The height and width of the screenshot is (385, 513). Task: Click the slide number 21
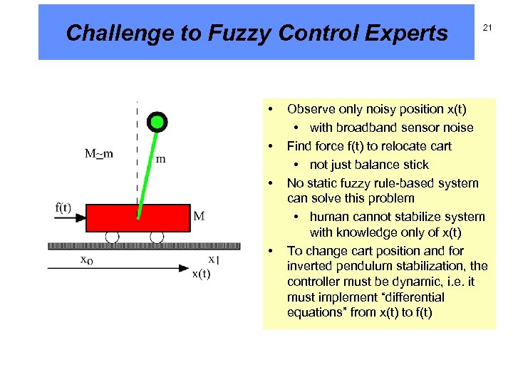pos(488,27)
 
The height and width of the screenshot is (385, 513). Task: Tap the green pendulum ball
pos(157,122)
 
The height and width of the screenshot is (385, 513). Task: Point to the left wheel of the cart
pos(112,237)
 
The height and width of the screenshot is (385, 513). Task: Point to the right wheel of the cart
pos(157,237)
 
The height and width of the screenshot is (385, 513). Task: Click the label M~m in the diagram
pos(100,154)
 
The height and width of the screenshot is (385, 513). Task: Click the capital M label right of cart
pos(199,215)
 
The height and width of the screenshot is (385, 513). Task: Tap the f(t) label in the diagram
pos(63,207)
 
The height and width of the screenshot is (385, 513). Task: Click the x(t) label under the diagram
pos(201,274)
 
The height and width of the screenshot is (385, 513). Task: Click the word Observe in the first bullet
pos(310,109)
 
